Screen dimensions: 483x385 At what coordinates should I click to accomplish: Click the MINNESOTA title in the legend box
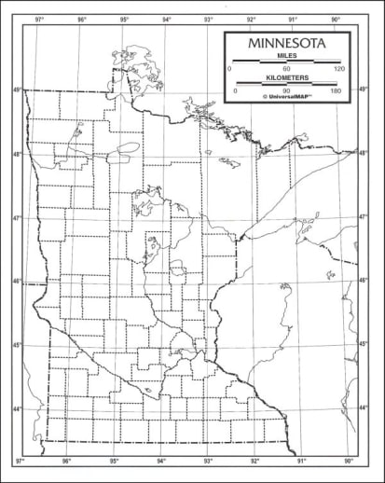coord(286,44)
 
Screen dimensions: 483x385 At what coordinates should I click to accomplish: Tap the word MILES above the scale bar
coord(286,57)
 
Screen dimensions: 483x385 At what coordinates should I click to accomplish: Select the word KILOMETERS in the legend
coord(286,78)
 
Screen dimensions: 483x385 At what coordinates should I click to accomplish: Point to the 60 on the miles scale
coord(286,70)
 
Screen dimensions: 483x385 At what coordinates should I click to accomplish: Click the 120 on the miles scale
coord(339,70)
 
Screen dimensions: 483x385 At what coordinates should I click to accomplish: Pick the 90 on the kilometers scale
coord(286,90)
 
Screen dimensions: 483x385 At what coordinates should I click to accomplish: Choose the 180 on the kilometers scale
coord(337,90)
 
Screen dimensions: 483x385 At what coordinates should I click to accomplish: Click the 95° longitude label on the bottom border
coord(114,462)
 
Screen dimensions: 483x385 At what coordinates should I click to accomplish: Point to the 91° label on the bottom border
coord(301,462)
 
